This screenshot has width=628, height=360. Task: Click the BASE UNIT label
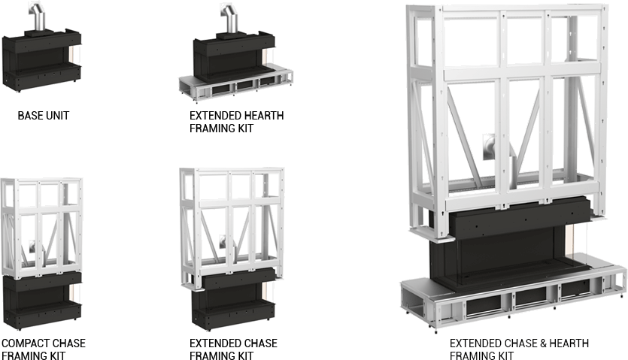(44, 116)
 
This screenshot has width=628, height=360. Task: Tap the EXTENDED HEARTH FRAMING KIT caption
(236, 122)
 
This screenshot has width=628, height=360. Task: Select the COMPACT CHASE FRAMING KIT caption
(43, 349)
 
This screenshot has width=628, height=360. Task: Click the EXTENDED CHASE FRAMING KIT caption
(233, 349)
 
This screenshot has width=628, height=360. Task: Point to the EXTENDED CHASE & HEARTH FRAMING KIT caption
(519, 349)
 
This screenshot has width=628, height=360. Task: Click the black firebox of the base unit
(41, 60)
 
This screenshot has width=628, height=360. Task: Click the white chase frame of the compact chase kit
(41, 225)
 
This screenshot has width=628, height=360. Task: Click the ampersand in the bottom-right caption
(541, 343)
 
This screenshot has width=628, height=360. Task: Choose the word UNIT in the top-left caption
(59, 116)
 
